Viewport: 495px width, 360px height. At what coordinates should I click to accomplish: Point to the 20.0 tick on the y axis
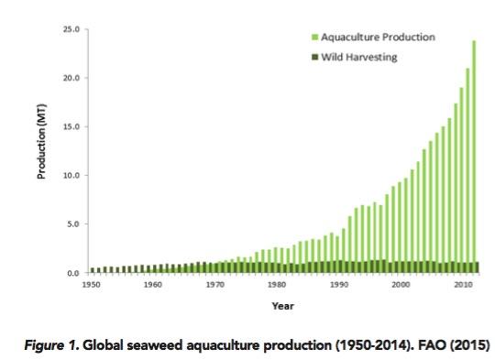tap(72, 78)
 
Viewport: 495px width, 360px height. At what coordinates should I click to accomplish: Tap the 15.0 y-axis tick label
tap(72, 126)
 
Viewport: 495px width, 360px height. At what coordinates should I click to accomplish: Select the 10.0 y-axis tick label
tap(72, 175)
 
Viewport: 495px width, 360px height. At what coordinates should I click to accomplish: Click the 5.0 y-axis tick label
tap(74, 224)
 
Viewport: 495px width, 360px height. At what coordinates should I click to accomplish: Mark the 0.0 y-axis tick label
tap(74, 272)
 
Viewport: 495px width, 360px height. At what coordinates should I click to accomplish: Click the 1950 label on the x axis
tap(92, 285)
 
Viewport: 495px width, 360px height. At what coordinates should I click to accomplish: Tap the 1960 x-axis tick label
tap(153, 285)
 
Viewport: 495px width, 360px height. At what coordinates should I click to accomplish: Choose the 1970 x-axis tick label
tap(214, 285)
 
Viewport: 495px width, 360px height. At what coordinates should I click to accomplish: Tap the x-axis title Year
tap(283, 305)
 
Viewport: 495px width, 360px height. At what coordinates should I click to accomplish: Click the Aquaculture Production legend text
tap(377, 38)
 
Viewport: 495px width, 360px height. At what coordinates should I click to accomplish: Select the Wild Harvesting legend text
tap(364, 57)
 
